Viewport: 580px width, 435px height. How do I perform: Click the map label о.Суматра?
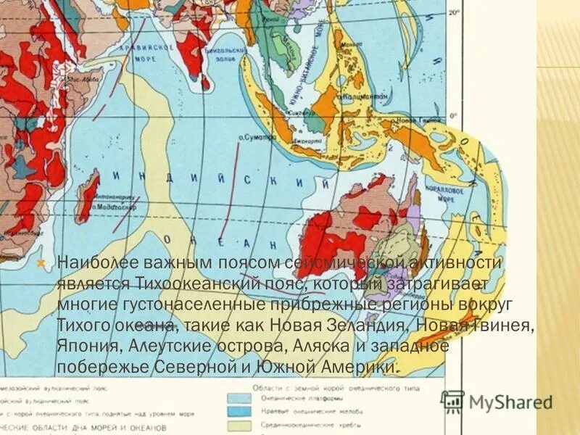(x=254, y=136)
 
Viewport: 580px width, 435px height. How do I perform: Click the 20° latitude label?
(x=454, y=13)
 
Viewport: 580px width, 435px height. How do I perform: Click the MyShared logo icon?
(x=453, y=401)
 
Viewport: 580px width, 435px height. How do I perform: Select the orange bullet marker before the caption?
(x=41, y=262)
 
